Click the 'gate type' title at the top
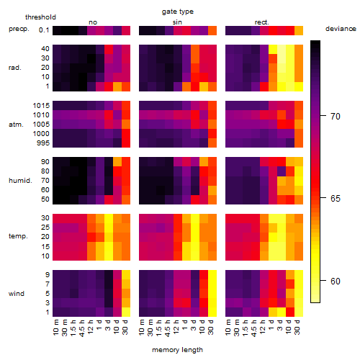[x=178, y=12]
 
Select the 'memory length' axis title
[x=178, y=350]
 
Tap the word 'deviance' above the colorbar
[x=341, y=29]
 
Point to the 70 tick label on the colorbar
[x=336, y=117]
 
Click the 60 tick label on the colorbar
[x=336, y=281]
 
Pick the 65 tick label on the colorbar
[x=336, y=199]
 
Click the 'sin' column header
[x=177, y=22]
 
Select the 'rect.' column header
[x=262, y=22]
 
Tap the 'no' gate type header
[x=93, y=22]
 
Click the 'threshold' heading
[x=40, y=17]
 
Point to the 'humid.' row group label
[x=20, y=181]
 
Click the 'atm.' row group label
[x=16, y=125]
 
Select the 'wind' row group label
[x=17, y=294]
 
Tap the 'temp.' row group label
[x=18, y=236]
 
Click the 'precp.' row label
[x=19, y=29]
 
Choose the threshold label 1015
[x=41, y=106]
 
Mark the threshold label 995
[x=43, y=143]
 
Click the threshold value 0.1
[x=44, y=30]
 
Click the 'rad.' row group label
[x=15, y=68]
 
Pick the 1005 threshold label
[x=41, y=125]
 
